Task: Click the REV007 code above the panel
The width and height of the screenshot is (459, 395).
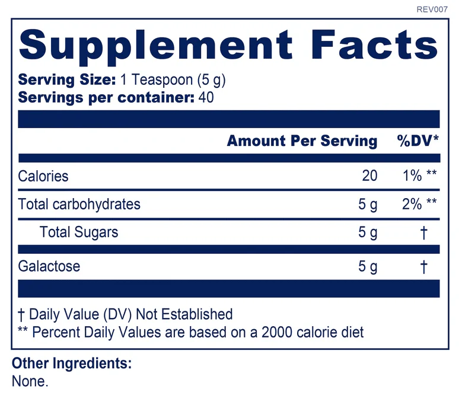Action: click(432, 9)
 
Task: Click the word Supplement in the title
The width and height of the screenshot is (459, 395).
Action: click(156, 46)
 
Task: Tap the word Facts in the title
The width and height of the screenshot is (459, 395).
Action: click(374, 44)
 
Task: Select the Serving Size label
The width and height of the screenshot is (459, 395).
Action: click(67, 79)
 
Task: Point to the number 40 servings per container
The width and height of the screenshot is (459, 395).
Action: click(206, 97)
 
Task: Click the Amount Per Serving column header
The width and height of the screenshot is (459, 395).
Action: click(302, 141)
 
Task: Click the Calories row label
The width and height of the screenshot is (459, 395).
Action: click(43, 176)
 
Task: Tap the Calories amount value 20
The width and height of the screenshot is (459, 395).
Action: click(369, 176)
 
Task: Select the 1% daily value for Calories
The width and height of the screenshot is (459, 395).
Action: click(412, 176)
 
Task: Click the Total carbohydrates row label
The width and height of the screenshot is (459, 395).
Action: click(79, 205)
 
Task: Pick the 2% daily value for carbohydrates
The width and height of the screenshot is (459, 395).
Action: click(412, 204)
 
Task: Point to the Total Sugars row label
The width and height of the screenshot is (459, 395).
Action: click(79, 232)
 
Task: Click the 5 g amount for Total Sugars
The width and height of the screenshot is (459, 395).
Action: click(368, 232)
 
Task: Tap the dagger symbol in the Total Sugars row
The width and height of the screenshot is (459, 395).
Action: click(423, 232)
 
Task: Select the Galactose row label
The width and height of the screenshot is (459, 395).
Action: click(49, 266)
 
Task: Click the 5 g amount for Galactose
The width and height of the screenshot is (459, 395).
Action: click(368, 267)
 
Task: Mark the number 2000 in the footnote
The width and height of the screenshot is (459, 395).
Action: click(276, 332)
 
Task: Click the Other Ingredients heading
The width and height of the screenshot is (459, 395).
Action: click(72, 364)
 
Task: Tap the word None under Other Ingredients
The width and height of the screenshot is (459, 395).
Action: click(30, 381)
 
